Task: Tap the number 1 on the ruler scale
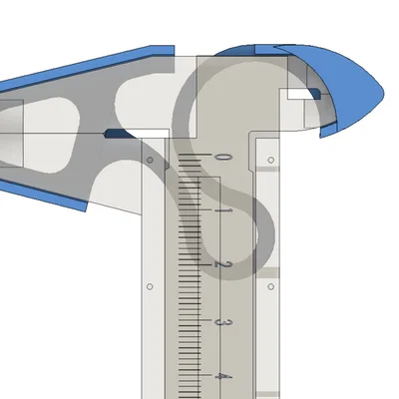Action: [x=224, y=211]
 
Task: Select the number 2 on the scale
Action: [x=224, y=265]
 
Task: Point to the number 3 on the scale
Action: [x=224, y=322]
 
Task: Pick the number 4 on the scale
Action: [x=224, y=377]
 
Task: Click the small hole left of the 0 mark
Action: [x=149, y=159]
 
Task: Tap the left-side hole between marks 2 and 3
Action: [x=149, y=286]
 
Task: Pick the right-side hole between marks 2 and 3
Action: [x=269, y=286]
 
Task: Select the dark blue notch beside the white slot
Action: [x=316, y=94]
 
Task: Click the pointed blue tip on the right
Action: [x=379, y=90]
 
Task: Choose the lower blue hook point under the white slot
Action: [x=327, y=130]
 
